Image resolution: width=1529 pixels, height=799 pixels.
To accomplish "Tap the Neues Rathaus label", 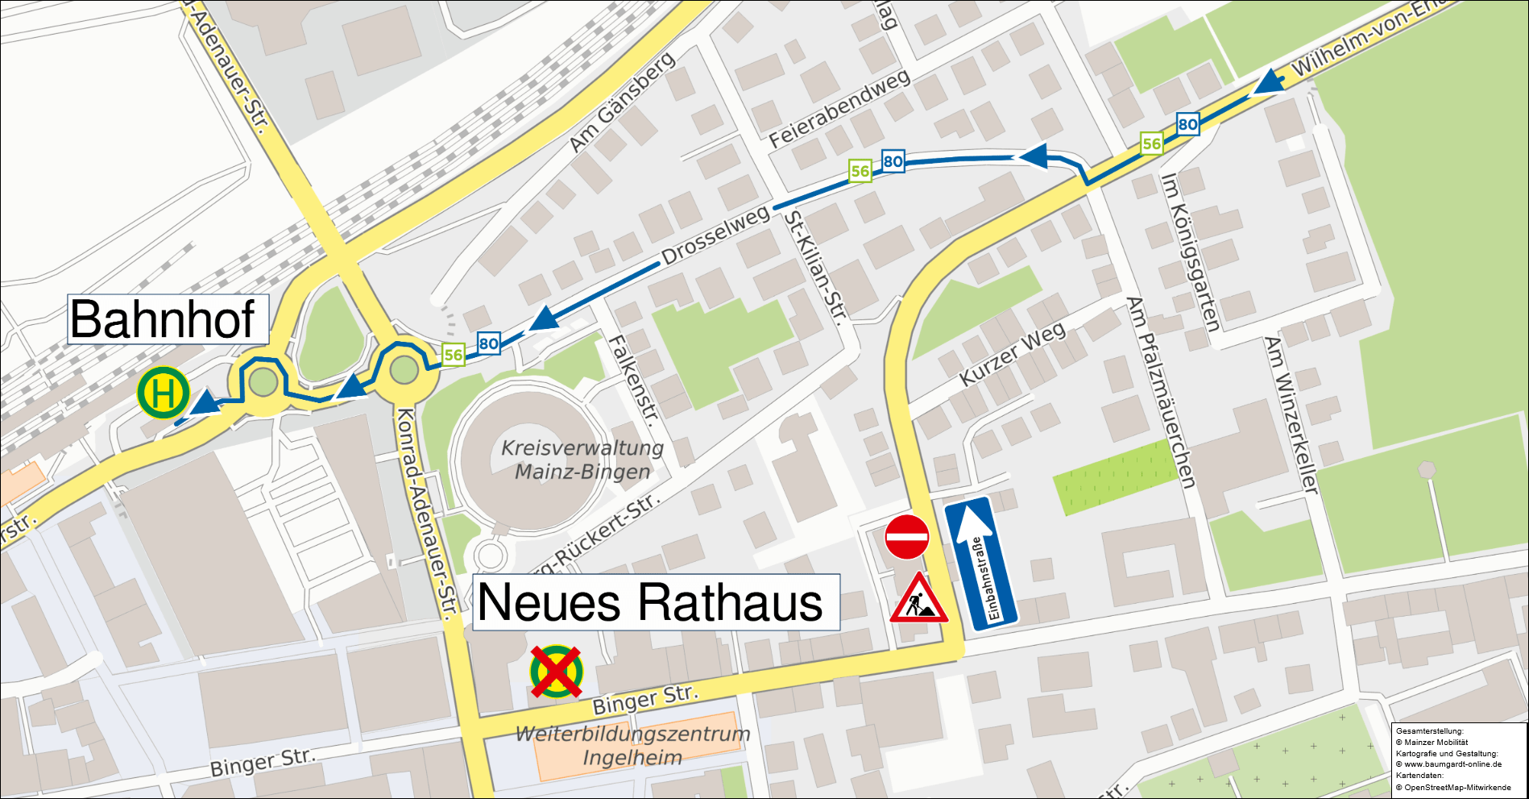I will click(x=654, y=603).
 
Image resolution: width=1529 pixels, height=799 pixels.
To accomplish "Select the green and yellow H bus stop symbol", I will click(x=164, y=393).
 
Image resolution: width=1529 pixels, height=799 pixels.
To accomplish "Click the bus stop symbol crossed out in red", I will click(x=556, y=671).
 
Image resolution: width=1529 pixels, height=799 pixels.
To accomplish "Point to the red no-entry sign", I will click(x=907, y=537).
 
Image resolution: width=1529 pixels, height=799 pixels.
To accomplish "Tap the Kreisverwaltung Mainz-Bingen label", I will click(x=582, y=460).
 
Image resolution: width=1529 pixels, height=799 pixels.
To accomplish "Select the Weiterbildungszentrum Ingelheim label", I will click(x=633, y=746).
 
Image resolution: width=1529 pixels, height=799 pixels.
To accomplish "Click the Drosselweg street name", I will click(x=715, y=235).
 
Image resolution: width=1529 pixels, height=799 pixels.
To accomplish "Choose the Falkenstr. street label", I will click(x=634, y=380).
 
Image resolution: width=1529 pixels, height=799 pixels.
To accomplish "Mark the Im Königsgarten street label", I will click(x=1190, y=252).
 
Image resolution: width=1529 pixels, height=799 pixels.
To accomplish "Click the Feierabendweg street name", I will click(x=839, y=108).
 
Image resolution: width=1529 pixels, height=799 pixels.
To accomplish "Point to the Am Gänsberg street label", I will click(x=621, y=103).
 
